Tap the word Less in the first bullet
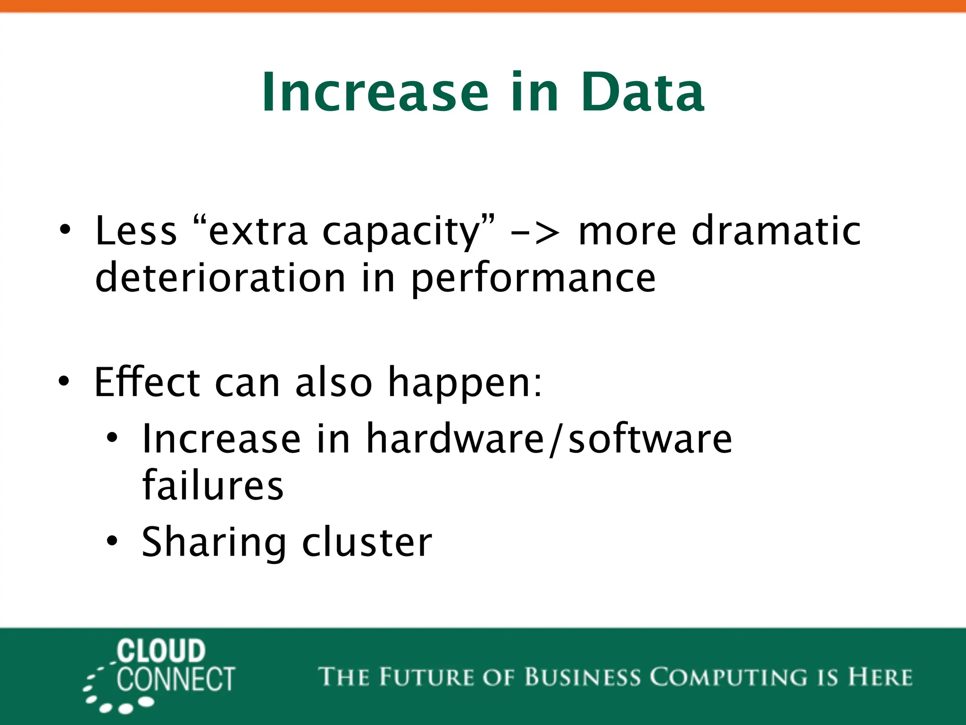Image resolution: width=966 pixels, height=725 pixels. (136, 231)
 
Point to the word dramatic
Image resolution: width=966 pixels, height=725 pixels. (776, 231)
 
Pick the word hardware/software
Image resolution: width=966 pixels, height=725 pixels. (549, 439)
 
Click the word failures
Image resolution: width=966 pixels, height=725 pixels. (213, 486)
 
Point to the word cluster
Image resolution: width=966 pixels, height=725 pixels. (366, 542)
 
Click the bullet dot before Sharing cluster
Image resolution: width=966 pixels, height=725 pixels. (112, 541)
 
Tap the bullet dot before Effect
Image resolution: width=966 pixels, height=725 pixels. (64, 380)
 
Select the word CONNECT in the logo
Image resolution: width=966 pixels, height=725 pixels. (175, 680)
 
